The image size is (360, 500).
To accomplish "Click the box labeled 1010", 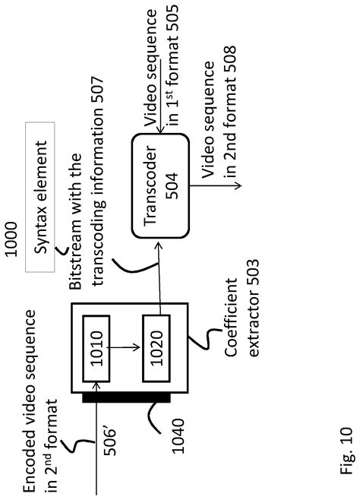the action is (x=96, y=349).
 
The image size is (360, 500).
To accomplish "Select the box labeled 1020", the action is (x=156, y=348).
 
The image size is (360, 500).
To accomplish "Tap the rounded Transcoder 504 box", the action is (x=160, y=186).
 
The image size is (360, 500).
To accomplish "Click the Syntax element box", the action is (x=40, y=197).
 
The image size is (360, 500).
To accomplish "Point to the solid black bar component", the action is (x=127, y=397).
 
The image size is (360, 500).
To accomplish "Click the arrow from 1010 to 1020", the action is (x=125, y=347).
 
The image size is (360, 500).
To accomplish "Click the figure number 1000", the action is (x=11, y=239).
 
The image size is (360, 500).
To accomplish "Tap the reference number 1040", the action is (x=178, y=436).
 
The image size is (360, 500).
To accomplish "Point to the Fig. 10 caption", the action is (x=346, y=451).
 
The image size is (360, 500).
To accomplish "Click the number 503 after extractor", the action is (x=253, y=273).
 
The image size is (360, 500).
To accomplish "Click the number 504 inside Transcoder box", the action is (x=172, y=186).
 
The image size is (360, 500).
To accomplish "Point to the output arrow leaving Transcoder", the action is (x=216, y=185).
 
